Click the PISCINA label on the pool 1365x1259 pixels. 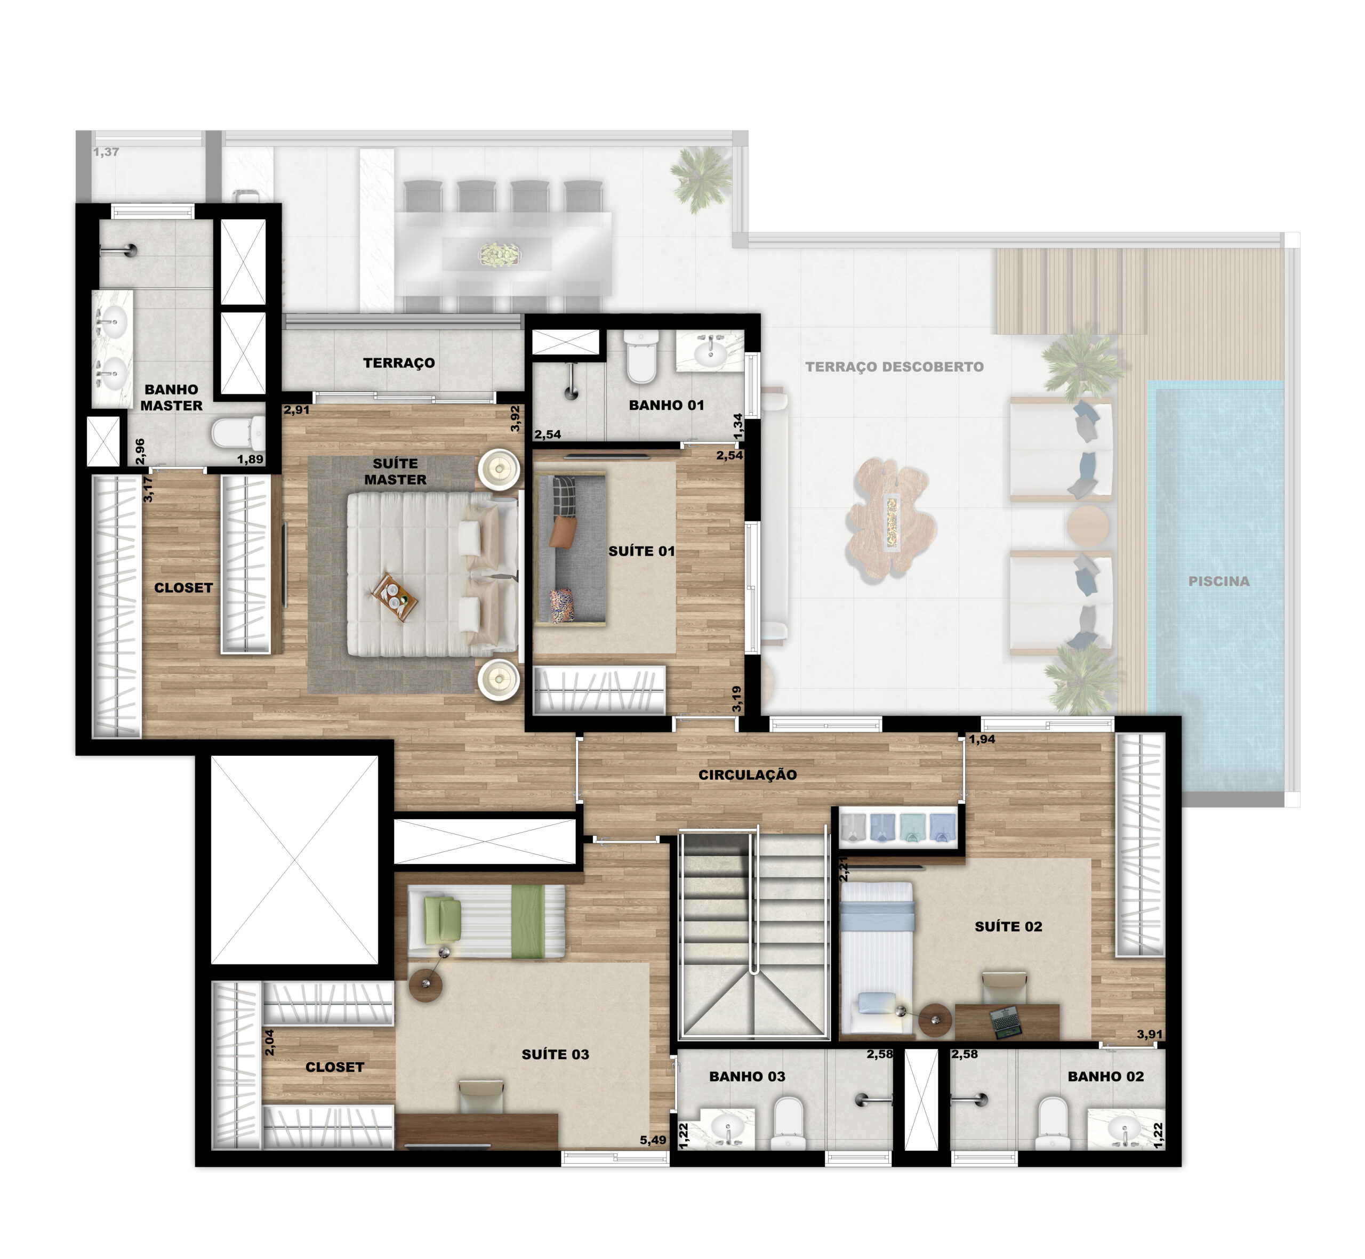point(1218,581)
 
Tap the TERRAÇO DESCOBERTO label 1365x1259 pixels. point(894,367)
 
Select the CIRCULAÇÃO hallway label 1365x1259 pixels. point(748,774)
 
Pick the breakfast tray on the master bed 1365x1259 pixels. point(394,598)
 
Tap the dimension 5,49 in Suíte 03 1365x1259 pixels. point(653,1140)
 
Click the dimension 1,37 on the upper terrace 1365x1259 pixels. point(106,152)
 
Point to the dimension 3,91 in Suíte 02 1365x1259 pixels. point(1150,1034)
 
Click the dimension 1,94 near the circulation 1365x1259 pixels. point(982,739)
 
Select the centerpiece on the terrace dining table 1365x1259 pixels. point(500,255)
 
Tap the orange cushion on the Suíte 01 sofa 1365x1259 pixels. point(561,531)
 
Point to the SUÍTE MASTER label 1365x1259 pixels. point(395,471)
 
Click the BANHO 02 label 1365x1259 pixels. point(1105,1076)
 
